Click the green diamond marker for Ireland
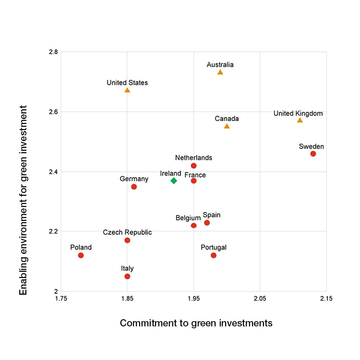pyautogui.click(x=174, y=180)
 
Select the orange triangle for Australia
pyautogui.click(x=220, y=72)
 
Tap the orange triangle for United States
pyautogui.click(x=127, y=90)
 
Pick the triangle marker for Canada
pyautogui.click(x=227, y=126)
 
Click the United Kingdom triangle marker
pyautogui.click(x=300, y=120)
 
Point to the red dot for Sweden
pyautogui.click(x=313, y=154)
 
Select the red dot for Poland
pyautogui.click(x=81, y=255)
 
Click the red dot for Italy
pyautogui.click(x=127, y=276)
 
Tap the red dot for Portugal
pyautogui.click(x=214, y=255)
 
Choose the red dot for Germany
pyautogui.click(x=134, y=187)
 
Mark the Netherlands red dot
pyautogui.click(x=193, y=166)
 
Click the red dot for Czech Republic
pyautogui.click(x=127, y=240)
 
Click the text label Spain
pyautogui.click(x=212, y=215)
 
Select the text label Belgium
pyautogui.click(x=188, y=218)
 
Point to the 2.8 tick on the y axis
pyautogui.click(x=52, y=52)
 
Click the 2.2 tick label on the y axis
pyautogui.click(x=52, y=231)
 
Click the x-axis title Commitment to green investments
pyautogui.click(x=196, y=323)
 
